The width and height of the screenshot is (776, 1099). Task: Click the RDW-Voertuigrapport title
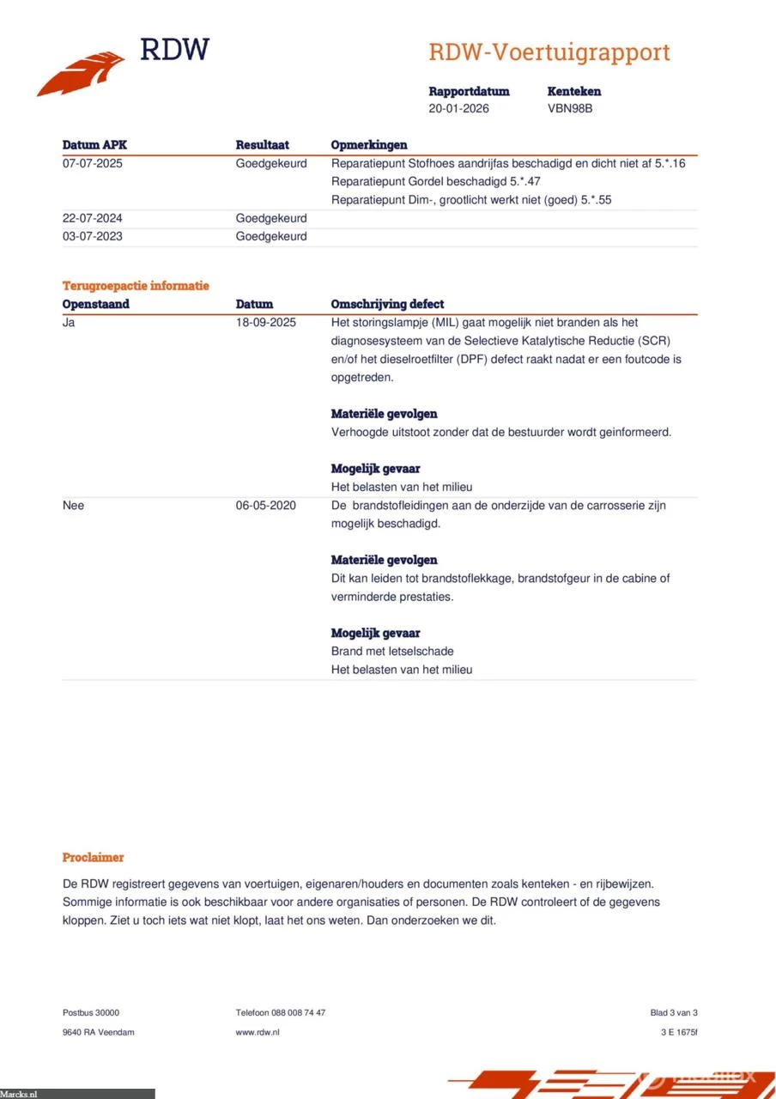click(549, 52)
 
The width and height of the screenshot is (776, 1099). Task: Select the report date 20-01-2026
click(459, 109)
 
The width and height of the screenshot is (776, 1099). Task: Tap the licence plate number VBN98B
click(570, 109)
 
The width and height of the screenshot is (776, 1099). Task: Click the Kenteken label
click(574, 91)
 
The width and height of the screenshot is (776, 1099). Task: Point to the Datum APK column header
click(94, 145)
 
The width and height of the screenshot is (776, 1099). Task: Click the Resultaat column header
click(263, 145)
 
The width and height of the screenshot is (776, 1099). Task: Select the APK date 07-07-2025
click(93, 163)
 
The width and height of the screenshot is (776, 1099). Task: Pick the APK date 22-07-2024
click(93, 218)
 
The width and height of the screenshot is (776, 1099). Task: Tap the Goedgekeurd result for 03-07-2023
click(271, 236)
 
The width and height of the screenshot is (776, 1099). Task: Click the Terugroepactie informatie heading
click(136, 286)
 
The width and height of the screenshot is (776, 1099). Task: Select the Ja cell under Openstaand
click(70, 323)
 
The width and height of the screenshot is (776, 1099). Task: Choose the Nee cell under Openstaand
click(74, 506)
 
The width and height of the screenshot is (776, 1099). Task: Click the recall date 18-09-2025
click(266, 323)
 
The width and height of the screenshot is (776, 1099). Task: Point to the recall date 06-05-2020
click(266, 506)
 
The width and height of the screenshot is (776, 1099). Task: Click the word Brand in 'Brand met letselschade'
click(347, 652)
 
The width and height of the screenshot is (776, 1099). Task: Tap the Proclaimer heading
click(93, 858)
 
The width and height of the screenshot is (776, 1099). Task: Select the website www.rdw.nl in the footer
click(258, 1032)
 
